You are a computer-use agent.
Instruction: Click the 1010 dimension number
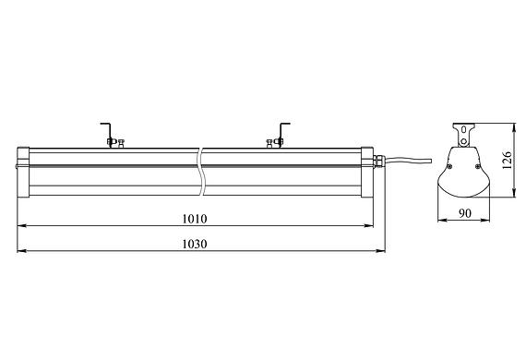point(195,219)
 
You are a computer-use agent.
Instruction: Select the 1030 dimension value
point(195,244)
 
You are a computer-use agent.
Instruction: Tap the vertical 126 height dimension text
point(507,161)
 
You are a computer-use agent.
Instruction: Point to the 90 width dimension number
point(465,213)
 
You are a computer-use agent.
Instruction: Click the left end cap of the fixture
point(23,172)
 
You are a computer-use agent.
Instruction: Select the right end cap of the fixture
point(367,172)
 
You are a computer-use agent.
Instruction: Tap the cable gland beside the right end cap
point(377,161)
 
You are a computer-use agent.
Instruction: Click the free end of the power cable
point(430,161)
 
